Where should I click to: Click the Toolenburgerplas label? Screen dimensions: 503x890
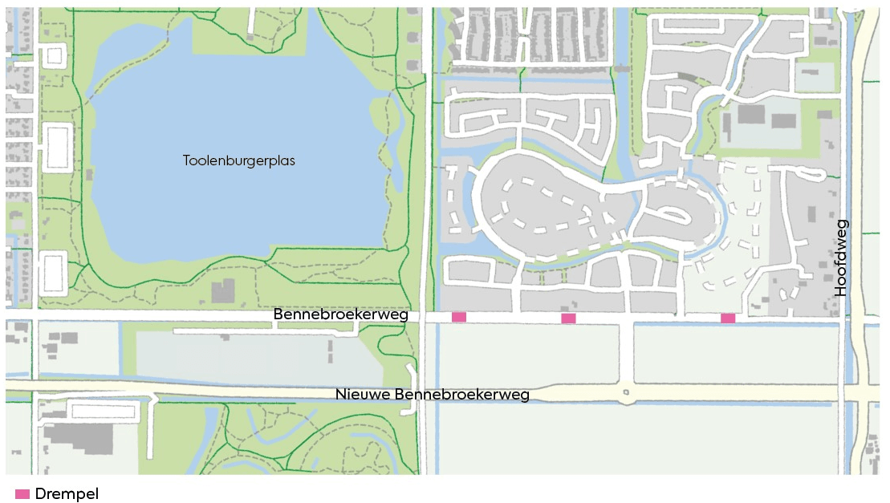coord(239,160)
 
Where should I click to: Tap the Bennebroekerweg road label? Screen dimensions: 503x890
coord(340,314)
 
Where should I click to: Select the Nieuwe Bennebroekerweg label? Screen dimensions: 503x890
coord(433,395)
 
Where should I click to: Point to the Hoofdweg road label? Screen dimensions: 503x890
coord(841,258)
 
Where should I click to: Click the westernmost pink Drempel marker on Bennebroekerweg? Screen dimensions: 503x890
coord(459,317)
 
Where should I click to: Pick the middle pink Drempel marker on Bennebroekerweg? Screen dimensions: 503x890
coord(568,318)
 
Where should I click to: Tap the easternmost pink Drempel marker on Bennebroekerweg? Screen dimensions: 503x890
coord(728,318)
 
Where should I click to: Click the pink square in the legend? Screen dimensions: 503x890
coord(22,494)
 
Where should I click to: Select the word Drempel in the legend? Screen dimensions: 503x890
coord(67,494)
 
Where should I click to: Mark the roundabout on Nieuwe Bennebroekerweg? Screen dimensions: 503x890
coord(628,393)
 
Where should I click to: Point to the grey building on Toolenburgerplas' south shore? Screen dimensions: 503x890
coord(222,290)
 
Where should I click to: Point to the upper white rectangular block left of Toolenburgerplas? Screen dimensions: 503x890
coord(55,148)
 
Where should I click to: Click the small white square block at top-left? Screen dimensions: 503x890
coord(54,56)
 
